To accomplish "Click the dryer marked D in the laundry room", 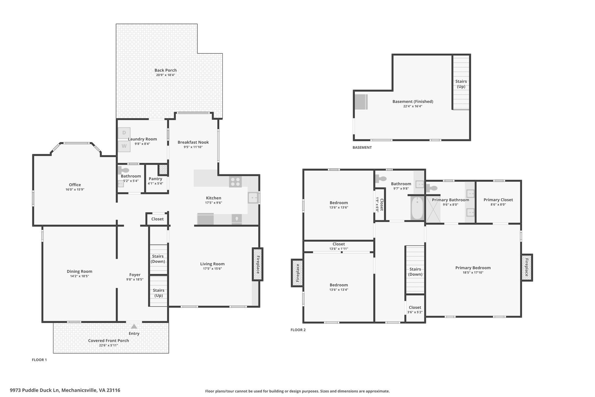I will pyautogui.click(x=124, y=133).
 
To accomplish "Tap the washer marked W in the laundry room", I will pyautogui.click(x=124, y=146).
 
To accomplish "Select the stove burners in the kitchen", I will pyautogui.click(x=235, y=182).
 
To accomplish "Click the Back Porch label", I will pyautogui.click(x=165, y=70).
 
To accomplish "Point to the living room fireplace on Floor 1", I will pyautogui.click(x=257, y=264).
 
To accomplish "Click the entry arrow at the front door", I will pyautogui.click(x=134, y=327).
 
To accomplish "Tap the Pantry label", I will pyautogui.click(x=155, y=179).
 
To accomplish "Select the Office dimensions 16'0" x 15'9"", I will pyautogui.click(x=75, y=189).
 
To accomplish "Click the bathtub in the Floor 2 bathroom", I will pyautogui.click(x=417, y=208).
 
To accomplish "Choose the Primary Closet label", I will pyautogui.click(x=498, y=200).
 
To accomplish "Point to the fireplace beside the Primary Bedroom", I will pyautogui.click(x=526, y=268).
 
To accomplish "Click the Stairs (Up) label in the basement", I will pyautogui.click(x=461, y=84).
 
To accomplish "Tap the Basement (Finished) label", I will pyautogui.click(x=413, y=102).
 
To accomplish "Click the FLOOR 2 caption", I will pyautogui.click(x=298, y=330).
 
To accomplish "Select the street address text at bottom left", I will pyautogui.click(x=65, y=390).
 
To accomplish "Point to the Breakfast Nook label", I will pyautogui.click(x=193, y=142).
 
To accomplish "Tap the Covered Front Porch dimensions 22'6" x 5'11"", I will pyautogui.click(x=108, y=346).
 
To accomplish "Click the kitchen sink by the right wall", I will pyautogui.click(x=253, y=198).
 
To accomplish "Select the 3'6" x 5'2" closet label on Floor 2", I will pyautogui.click(x=415, y=312).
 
